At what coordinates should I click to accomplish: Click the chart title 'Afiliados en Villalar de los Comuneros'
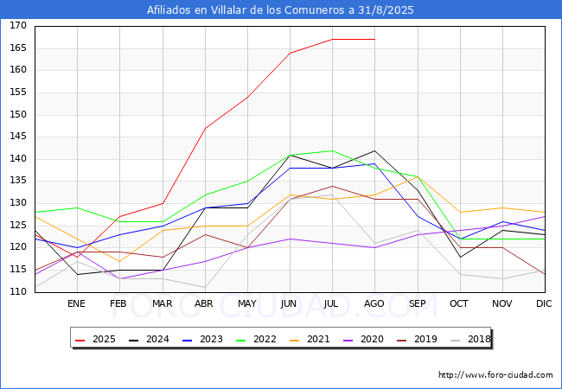[x=281, y=10]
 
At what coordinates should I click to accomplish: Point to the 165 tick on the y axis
[x=18, y=48]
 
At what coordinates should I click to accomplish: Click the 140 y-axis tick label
[x=18, y=159]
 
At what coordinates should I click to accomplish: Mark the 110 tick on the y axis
[x=18, y=292]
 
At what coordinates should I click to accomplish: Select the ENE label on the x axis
[x=77, y=303]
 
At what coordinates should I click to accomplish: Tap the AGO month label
[x=374, y=303]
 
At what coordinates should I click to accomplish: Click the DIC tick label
[x=544, y=303]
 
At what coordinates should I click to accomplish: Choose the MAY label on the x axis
[x=246, y=303]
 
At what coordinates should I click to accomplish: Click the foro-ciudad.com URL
[x=495, y=375]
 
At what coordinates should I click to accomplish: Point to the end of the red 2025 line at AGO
[x=374, y=39]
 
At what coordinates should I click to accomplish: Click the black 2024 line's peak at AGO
[x=374, y=150]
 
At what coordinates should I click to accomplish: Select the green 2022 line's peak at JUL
[x=332, y=150]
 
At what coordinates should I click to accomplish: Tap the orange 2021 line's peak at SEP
[x=417, y=177]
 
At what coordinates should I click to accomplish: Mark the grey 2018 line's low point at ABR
[x=204, y=288]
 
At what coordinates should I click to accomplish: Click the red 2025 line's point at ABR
[x=204, y=128]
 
